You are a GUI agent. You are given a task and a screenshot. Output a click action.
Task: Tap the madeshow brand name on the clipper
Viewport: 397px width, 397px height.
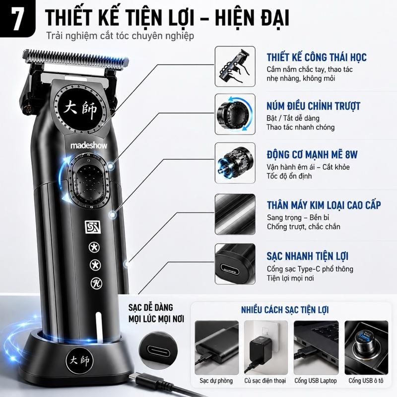(x=89, y=145)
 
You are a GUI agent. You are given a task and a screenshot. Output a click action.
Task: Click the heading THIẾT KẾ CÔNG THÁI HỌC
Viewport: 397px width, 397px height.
(x=317, y=57)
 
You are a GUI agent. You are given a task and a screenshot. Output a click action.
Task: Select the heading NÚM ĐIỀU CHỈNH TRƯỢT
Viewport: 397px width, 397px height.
(x=314, y=106)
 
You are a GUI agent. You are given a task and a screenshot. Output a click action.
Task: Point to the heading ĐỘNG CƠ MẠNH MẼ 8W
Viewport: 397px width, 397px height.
(x=312, y=155)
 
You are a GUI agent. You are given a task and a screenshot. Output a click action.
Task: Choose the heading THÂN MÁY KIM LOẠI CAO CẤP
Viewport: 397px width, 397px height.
(x=324, y=205)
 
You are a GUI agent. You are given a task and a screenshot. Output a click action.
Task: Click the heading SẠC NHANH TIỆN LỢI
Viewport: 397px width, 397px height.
(x=308, y=256)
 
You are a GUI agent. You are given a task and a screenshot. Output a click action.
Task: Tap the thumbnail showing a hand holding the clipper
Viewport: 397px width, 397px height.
(x=235, y=66)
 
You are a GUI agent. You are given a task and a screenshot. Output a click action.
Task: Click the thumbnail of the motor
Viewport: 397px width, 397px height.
(x=235, y=163)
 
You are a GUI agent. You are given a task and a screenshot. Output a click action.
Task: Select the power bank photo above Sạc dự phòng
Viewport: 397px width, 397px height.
(x=216, y=348)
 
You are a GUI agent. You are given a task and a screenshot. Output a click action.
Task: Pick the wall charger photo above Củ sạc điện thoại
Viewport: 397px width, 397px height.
(x=266, y=348)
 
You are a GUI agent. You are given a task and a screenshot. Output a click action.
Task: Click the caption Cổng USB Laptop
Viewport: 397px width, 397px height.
(x=316, y=381)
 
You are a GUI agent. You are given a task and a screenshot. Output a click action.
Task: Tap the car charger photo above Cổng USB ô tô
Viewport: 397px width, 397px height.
(x=366, y=348)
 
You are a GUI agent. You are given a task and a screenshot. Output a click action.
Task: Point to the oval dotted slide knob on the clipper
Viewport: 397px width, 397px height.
(x=89, y=181)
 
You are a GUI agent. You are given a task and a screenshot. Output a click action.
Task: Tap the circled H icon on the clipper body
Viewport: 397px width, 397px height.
(x=96, y=283)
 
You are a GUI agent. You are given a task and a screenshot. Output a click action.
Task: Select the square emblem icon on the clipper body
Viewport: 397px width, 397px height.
(x=93, y=227)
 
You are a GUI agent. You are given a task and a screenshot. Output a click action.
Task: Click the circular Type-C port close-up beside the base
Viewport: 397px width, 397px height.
(x=158, y=350)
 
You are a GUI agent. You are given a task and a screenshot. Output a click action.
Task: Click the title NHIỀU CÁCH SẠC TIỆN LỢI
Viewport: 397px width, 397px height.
(x=285, y=310)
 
